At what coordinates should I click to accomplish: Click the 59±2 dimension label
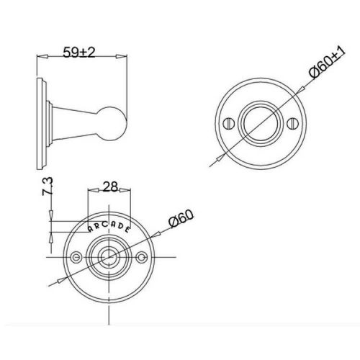(79, 53)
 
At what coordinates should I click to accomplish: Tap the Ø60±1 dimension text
(327, 63)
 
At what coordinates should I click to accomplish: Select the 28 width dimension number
(110, 186)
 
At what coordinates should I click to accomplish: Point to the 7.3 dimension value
(48, 186)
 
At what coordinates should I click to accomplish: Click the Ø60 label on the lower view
(181, 218)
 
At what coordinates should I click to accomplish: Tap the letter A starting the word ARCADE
(91, 229)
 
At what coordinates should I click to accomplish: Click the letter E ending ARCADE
(127, 230)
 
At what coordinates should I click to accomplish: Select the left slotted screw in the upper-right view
(228, 123)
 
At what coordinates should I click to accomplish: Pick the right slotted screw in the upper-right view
(292, 123)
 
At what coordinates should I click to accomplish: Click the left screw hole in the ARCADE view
(76, 257)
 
